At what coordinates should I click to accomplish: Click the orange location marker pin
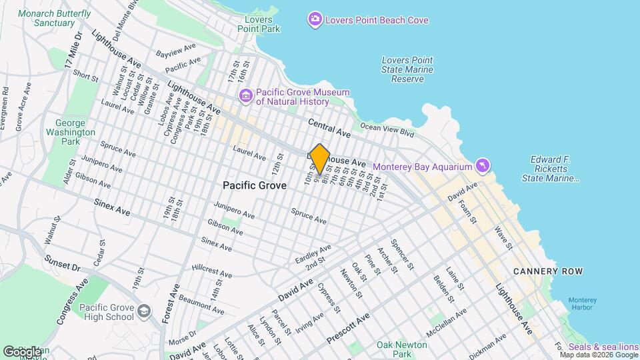[x=320, y=159]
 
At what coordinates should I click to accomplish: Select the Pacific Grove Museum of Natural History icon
[x=247, y=96]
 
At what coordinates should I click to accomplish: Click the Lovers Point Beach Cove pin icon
[x=315, y=20]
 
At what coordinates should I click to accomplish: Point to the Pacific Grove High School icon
[x=143, y=311]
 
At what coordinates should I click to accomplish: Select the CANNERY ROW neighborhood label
[x=548, y=271]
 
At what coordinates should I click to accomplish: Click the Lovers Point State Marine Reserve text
[x=407, y=69]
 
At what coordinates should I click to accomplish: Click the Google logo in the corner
[x=22, y=351]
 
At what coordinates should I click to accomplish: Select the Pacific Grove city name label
[x=255, y=185]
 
